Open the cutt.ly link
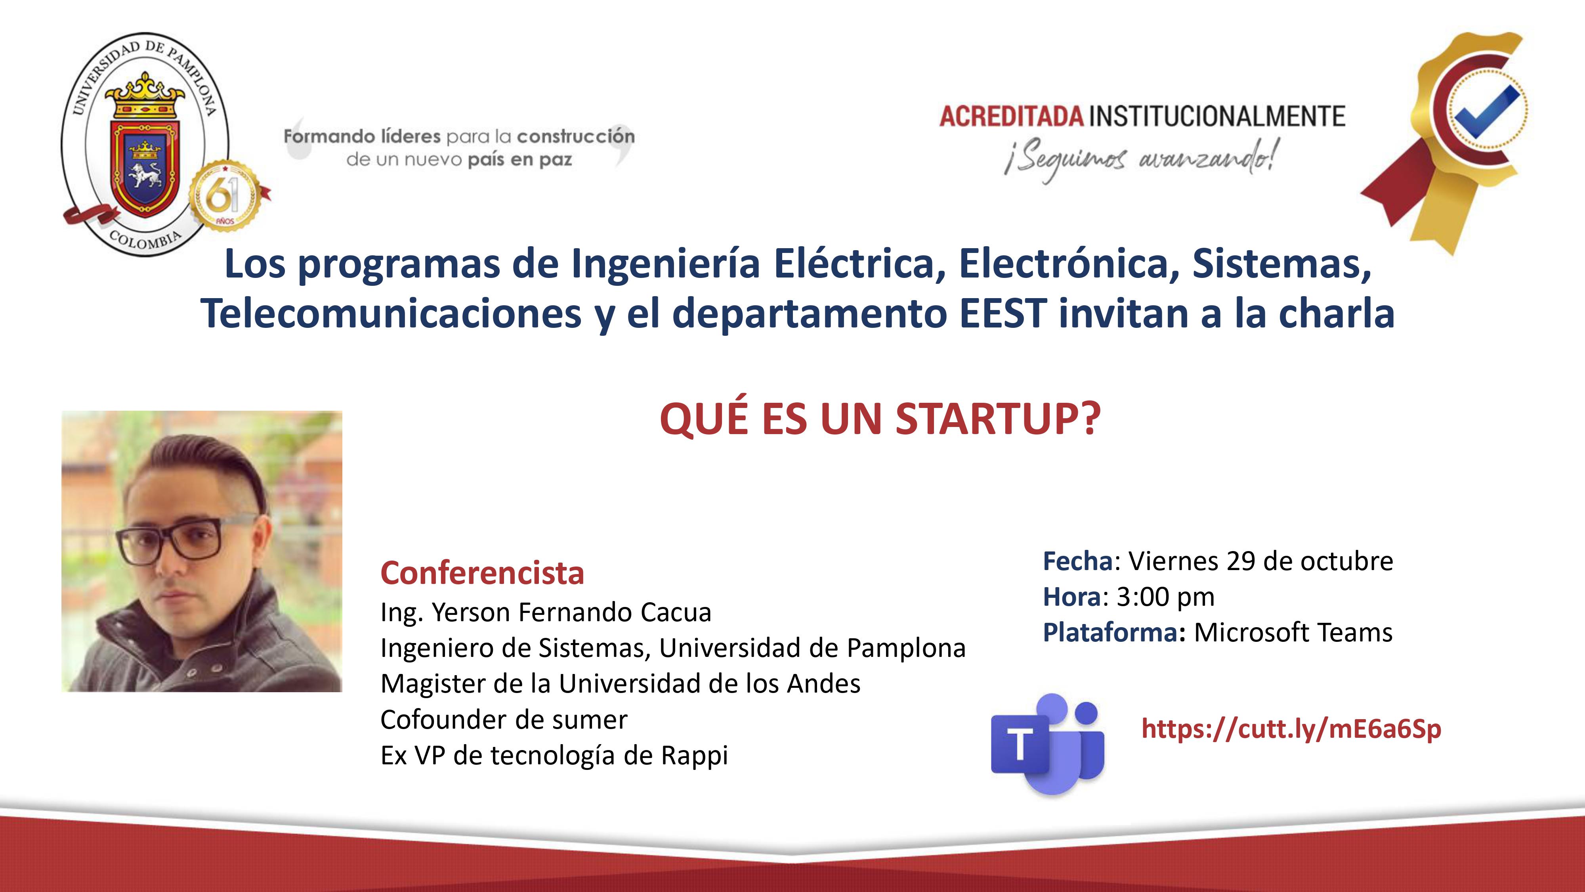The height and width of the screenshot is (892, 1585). (x=1291, y=729)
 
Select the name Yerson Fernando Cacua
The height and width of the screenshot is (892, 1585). (x=571, y=612)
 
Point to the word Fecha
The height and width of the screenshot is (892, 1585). (x=1078, y=561)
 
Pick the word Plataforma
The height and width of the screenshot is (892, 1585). (x=1111, y=633)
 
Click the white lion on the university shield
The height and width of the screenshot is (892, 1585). (x=145, y=174)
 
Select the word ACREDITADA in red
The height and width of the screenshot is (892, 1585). (x=1012, y=116)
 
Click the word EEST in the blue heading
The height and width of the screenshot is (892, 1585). (x=1003, y=313)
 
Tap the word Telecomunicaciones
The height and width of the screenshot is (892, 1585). (x=391, y=313)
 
